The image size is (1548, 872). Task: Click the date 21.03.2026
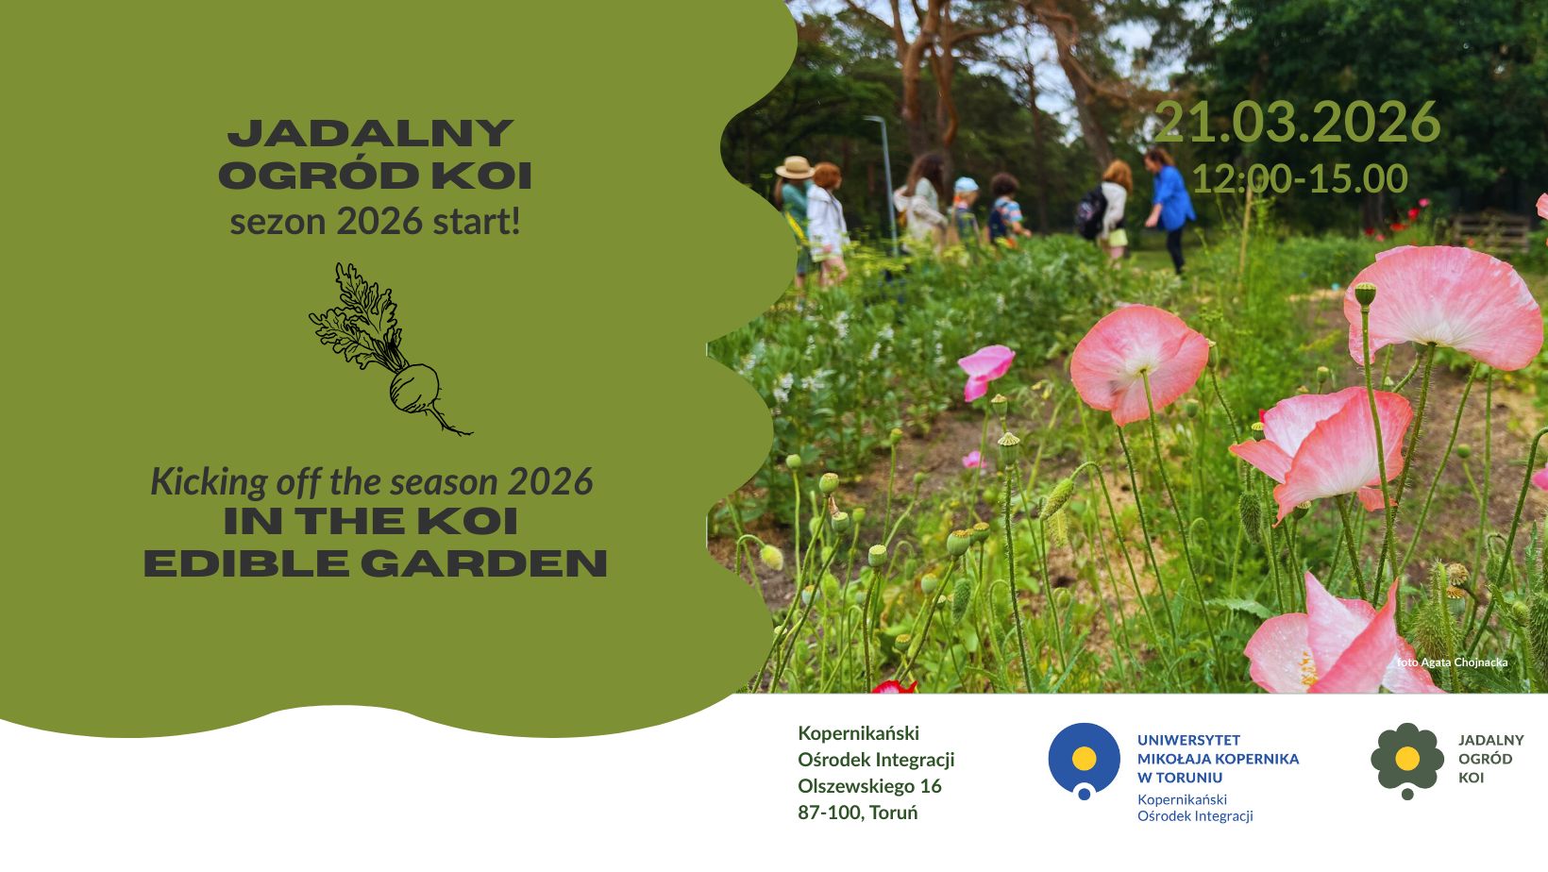1297,123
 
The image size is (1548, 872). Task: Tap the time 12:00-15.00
1300,178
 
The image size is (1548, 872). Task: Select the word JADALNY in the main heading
370,133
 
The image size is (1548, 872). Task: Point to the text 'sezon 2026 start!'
375,222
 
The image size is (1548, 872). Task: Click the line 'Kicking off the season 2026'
372,481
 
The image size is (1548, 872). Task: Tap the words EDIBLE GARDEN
376,563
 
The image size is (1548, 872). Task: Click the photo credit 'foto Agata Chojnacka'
1452,662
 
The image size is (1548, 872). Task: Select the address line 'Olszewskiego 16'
869,785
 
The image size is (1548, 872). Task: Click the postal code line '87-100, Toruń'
858,813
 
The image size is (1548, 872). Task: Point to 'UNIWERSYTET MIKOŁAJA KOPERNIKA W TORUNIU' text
1219,759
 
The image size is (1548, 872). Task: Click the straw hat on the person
795,167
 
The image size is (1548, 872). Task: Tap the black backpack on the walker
1091,213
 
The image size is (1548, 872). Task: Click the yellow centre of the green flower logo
1407,758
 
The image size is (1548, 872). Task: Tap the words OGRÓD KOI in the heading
375,176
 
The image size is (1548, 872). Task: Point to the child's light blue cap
967,184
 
